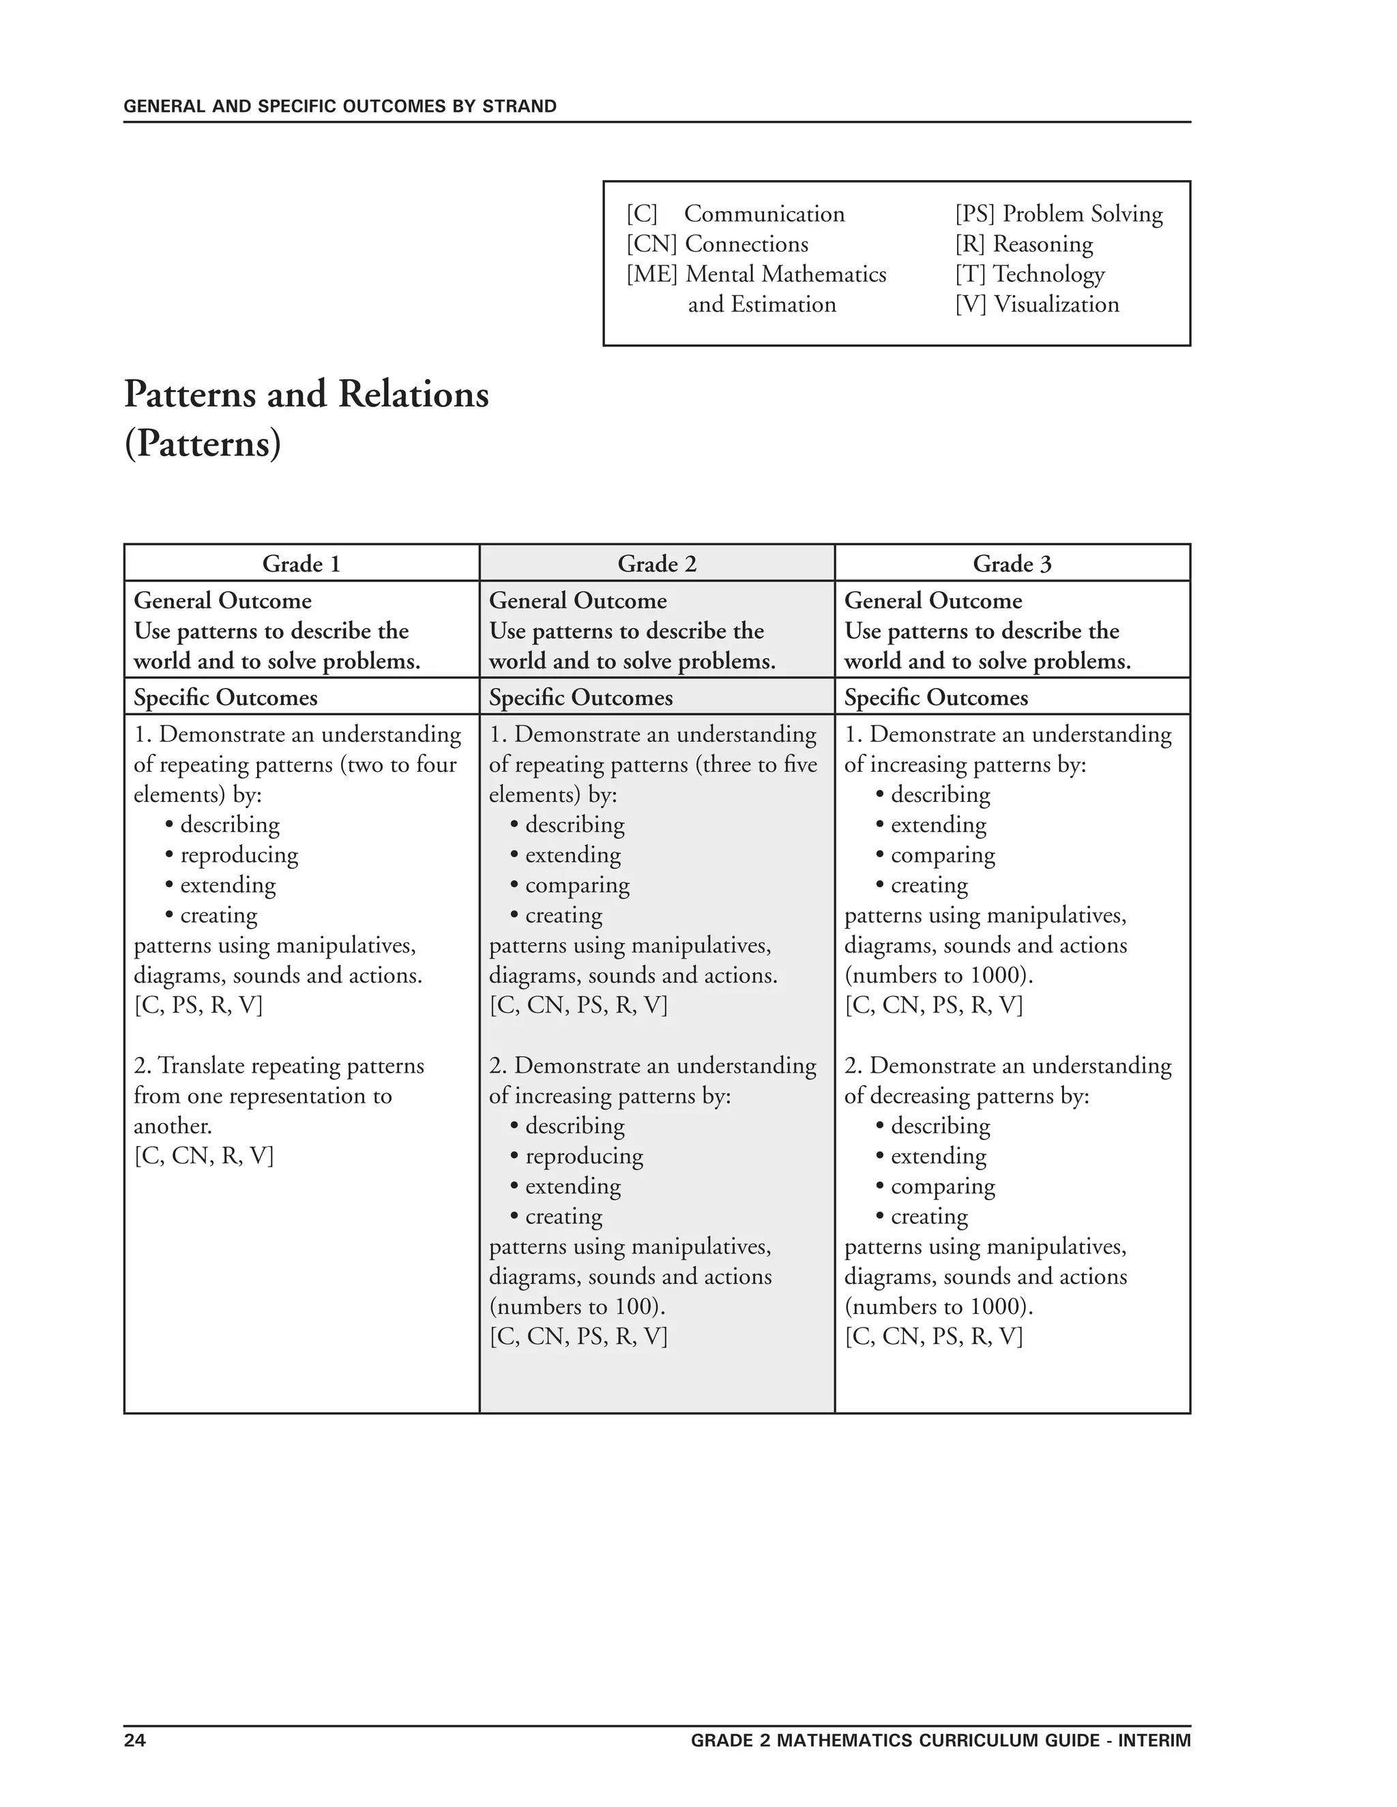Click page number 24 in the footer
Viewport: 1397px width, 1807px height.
pos(135,1740)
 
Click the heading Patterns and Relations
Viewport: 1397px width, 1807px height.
pos(306,394)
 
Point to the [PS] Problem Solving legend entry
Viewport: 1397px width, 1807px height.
pos(1059,213)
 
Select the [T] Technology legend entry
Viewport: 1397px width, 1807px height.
pos(1029,274)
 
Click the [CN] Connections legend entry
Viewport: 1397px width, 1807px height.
pos(717,244)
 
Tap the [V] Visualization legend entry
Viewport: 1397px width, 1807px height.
pos(1036,305)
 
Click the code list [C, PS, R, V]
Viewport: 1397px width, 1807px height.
pos(198,1005)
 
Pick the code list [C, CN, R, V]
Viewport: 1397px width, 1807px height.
pos(203,1156)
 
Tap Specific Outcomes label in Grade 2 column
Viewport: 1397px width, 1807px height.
pos(580,698)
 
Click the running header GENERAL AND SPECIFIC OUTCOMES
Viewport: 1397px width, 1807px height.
pos(339,106)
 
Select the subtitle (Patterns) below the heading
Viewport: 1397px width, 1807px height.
pos(203,443)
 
